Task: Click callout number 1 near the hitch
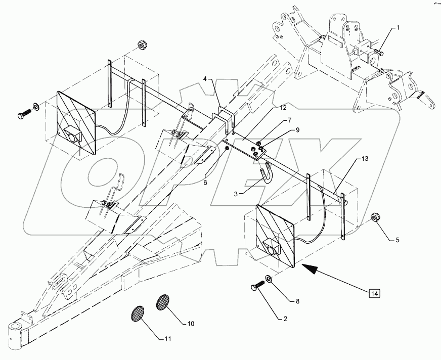pyautogui.click(x=398, y=27)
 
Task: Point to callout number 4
pyautogui.click(x=206, y=79)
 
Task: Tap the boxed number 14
pyautogui.click(x=374, y=293)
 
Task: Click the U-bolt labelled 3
pyautogui.click(x=267, y=178)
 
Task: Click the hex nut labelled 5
pyautogui.click(x=376, y=217)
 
